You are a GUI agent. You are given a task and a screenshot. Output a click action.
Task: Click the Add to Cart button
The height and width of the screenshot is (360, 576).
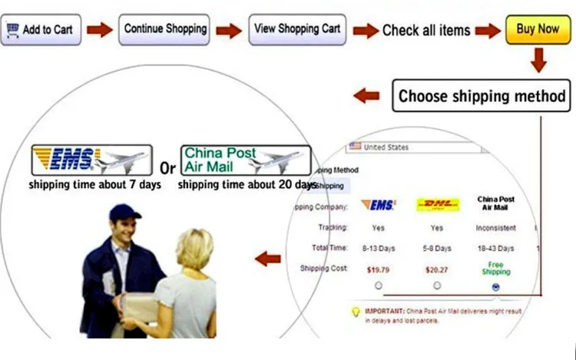[41, 30]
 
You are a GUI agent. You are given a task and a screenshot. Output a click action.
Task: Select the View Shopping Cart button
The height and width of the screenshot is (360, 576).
[296, 29]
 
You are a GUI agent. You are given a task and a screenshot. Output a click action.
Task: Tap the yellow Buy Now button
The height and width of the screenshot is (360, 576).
[538, 29]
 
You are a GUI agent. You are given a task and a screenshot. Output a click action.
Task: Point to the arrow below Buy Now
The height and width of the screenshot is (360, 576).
[539, 60]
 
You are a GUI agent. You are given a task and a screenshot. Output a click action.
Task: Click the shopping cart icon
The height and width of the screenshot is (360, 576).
[13, 30]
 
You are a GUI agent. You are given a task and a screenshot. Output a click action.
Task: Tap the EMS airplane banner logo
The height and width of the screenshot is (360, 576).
[91, 160]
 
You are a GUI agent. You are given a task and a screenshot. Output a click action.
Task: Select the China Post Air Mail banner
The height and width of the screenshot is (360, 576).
[246, 160]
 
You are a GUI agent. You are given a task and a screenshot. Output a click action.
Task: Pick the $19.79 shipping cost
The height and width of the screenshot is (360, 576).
[379, 269]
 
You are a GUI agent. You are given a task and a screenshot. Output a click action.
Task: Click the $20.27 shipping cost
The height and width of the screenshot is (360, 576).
[437, 269]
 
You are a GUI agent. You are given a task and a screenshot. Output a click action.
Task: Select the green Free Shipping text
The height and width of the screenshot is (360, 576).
[495, 269]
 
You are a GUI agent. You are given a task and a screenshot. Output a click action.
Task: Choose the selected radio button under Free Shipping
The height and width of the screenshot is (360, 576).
[495, 287]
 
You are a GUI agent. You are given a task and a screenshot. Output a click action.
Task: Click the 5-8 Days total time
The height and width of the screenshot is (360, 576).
[437, 249]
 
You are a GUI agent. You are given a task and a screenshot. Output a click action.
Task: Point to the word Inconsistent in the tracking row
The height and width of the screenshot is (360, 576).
[495, 228]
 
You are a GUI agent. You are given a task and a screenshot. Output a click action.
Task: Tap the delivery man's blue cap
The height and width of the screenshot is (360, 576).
[124, 213]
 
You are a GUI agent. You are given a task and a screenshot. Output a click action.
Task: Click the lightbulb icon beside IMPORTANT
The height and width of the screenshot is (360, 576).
[355, 312]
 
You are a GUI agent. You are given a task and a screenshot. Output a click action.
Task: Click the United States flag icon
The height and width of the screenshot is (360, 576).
[355, 147]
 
